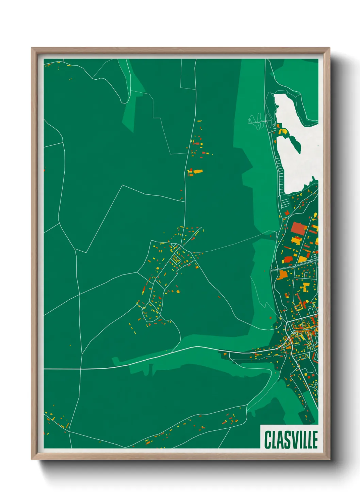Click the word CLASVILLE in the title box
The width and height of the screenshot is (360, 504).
tap(291, 440)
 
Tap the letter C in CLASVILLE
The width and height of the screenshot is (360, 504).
tap(267, 440)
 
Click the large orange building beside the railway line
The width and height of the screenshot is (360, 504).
tap(282, 274)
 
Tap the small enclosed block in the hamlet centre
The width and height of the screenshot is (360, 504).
tap(176, 259)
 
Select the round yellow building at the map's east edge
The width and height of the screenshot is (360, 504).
tap(315, 214)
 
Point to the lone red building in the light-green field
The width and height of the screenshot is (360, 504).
tap(271, 318)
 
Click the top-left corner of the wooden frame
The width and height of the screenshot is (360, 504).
tap(32, 48)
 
